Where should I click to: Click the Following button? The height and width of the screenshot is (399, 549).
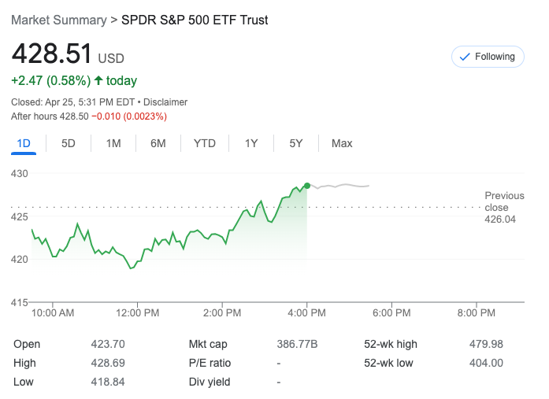pos(487,57)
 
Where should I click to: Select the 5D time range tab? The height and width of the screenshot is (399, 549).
pos(69,143)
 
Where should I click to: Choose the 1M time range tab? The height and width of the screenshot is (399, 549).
pos(113,143)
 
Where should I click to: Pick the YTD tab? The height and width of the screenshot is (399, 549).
pos(205,143)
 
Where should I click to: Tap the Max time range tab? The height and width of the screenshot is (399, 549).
pos(342,143)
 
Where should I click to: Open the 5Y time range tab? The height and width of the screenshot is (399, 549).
pos(296,143)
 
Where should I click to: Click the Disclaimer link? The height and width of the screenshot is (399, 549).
pos(165,102)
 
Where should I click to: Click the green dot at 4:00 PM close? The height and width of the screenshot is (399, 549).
pos(306,186)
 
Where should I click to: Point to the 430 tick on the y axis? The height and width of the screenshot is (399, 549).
pos(18,173)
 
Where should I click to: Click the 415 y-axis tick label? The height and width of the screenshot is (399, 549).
pos(18,302)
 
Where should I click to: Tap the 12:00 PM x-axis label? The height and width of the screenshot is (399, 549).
pos(137,312)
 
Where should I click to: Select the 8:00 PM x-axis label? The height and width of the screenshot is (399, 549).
pos(476,312)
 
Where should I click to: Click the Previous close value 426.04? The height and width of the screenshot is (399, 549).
pos(500,219)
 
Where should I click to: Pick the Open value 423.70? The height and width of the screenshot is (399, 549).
pos(108,344)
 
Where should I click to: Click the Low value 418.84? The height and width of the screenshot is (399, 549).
pos(108,382)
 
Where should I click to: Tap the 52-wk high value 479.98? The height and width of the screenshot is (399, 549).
pos(486,344)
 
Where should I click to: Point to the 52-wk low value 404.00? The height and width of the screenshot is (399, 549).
pos(486,363)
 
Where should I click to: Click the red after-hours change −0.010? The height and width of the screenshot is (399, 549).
pos(108,116)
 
